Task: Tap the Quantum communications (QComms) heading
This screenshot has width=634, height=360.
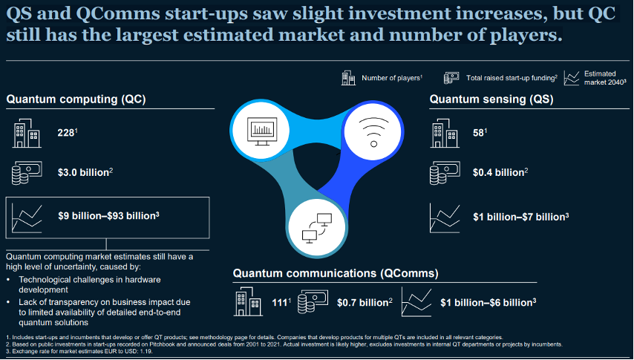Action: [x=336, y=273]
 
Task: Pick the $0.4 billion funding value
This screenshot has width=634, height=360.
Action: [x=499, y=173]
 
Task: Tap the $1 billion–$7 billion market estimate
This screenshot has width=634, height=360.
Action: [x=520, y=217]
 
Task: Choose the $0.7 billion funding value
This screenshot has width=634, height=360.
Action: [x=364, y=302]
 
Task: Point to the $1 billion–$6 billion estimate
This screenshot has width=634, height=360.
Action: [x=487, y=302]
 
